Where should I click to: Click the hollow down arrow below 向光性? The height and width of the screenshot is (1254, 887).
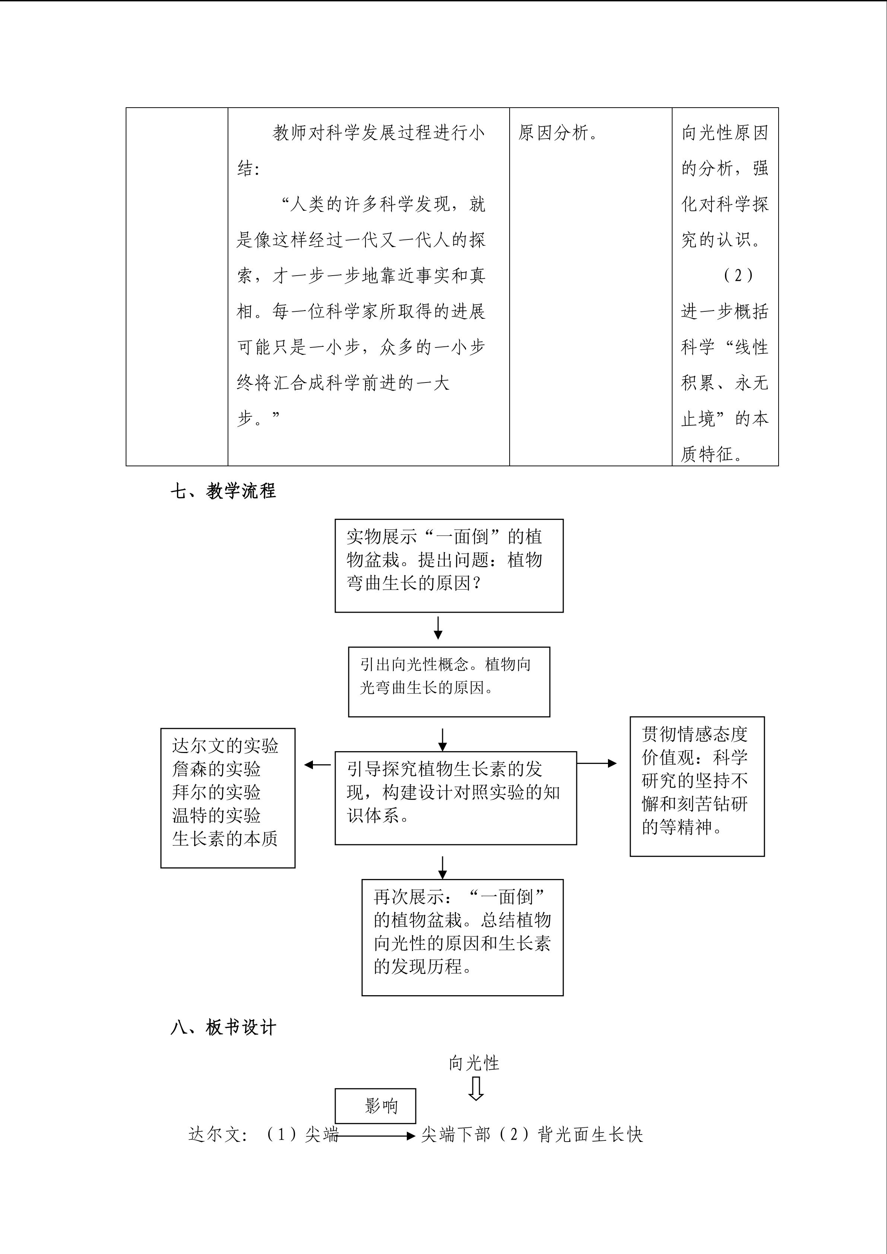(x=476, y=1089)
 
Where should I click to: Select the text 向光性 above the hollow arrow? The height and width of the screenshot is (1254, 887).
(x=474, y=1063)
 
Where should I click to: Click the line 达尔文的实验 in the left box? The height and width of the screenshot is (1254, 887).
(x=225, y=746)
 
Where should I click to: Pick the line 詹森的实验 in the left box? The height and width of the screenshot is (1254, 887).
(x=216, y=769)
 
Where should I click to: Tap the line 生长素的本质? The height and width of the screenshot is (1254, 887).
(x=225, y=838)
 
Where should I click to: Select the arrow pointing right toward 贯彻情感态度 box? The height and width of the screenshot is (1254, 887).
(x=597, y=763)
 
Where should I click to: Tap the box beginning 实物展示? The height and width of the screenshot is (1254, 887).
(x=449, y=565)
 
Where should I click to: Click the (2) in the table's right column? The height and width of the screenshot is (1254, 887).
(x=738, y=275)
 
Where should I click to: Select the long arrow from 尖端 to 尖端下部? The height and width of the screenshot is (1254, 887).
(x=377, y=1136)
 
